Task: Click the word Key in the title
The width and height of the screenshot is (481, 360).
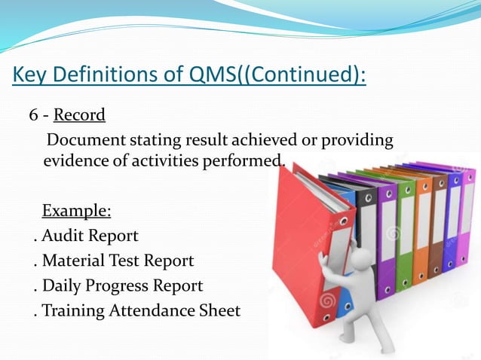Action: (32, 76)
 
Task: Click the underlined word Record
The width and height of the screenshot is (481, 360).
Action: (79, 115)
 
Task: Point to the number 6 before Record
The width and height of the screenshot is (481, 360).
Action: (33, 115)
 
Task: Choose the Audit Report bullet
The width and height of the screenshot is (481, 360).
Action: (89, 236)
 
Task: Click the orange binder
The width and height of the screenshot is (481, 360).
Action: (422, 226)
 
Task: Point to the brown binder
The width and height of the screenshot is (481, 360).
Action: (437, 226)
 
